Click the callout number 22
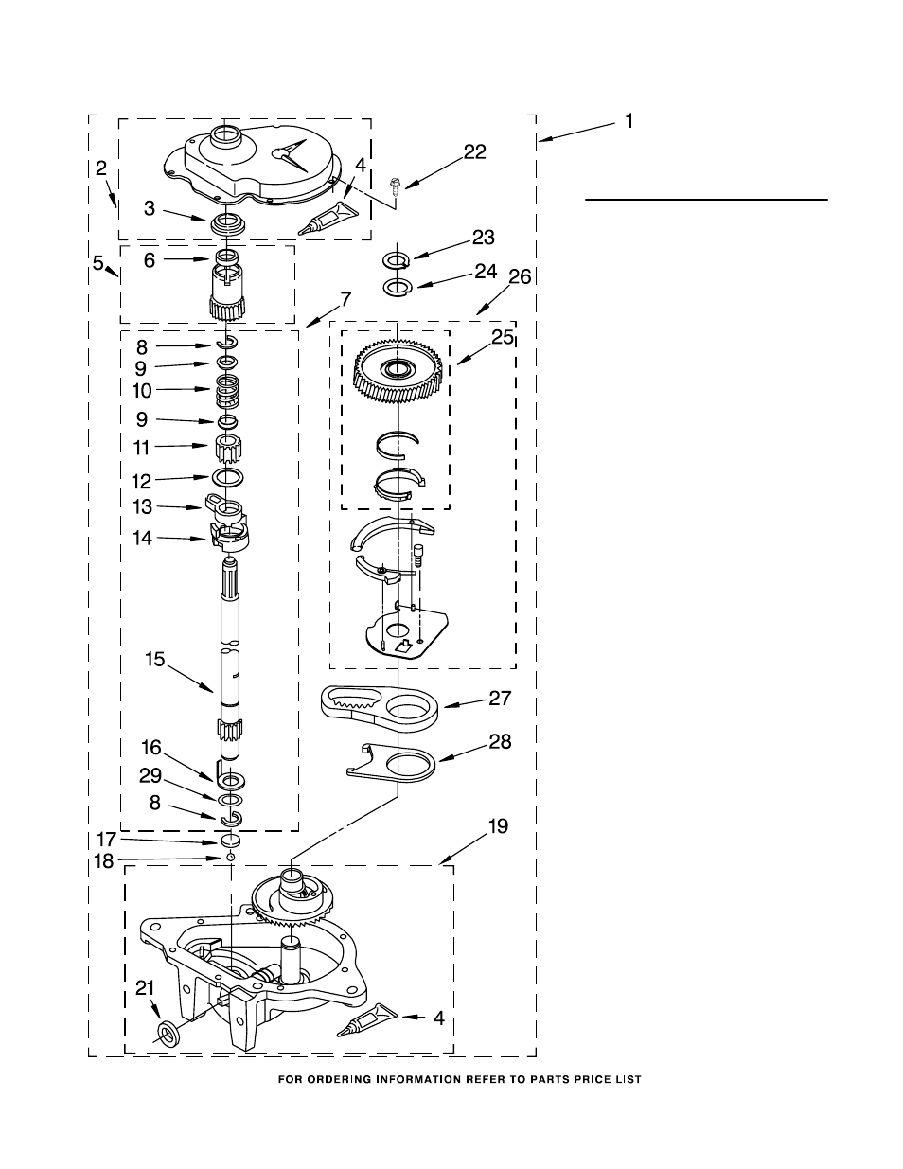474,151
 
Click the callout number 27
500,699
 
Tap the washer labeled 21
167,1034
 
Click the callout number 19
497,826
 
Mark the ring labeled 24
398,286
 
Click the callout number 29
150,776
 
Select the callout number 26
520,276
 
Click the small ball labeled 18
229,858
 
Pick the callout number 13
142,507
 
